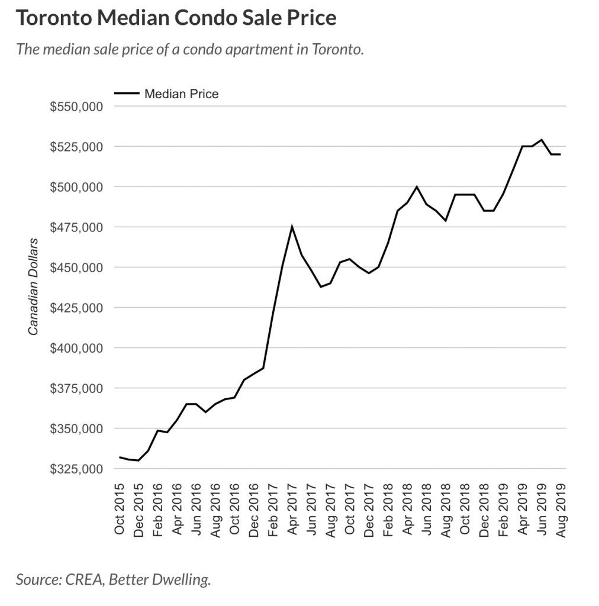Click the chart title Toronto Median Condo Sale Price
176,18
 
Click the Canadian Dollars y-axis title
34,286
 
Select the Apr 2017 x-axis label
292,508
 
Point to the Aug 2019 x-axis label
561,508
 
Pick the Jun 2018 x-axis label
426,508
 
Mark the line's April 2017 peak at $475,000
292,226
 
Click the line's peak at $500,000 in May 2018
417,186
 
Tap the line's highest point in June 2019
541,140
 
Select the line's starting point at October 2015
120,457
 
